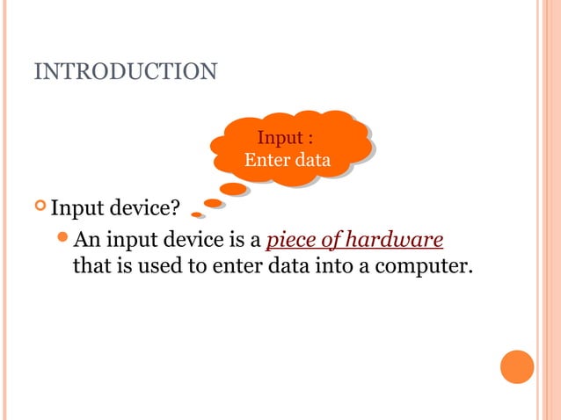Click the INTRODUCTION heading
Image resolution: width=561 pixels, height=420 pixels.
pyautogui.click(x=125, y=70)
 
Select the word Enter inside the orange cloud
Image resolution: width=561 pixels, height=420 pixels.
pyautogui.click(x=266, y=161)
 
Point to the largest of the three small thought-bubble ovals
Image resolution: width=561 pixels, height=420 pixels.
pyautogui.click(x=233, y=188)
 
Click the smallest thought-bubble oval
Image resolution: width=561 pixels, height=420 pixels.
pyautogui.click(x=197, y=214)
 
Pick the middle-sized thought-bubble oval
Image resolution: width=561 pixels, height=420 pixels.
pyautogui.click(x=213, y=203)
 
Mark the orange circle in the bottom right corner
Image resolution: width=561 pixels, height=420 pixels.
pyautogui.click(x=517, y=366)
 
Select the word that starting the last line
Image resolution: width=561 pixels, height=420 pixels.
pyautogui.click(x=91, y=264)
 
